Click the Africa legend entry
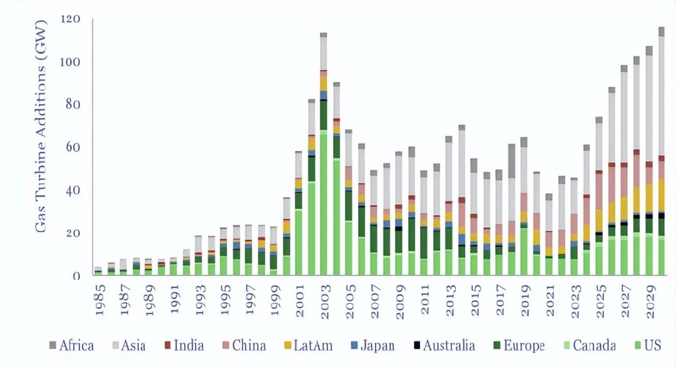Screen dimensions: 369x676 coord(71,346)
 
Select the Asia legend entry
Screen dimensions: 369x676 coord(130,346)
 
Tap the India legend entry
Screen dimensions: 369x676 coord(186,346)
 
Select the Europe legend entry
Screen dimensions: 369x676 coord(518,346)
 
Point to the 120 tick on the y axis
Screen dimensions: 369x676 coord(71,19)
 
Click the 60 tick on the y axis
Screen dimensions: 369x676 coord(74,148)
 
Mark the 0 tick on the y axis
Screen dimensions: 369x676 coord(77,276)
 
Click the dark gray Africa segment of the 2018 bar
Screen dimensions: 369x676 coord(512,161)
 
